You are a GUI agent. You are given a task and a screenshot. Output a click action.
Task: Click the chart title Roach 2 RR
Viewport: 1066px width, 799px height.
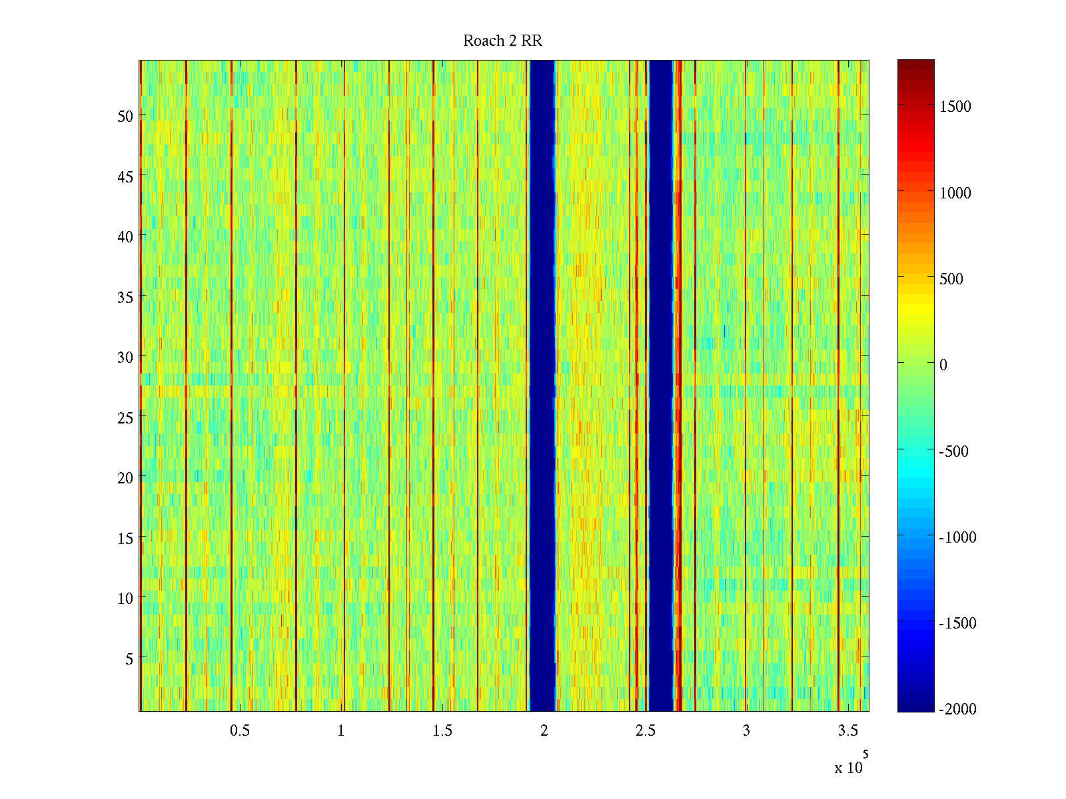point(502,41)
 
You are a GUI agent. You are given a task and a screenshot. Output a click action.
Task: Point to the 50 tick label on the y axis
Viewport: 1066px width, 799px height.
point(125,116)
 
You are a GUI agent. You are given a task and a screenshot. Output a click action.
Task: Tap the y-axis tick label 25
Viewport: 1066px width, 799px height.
point(125,417)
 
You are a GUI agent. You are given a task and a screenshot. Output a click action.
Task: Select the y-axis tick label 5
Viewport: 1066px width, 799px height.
point(129,659)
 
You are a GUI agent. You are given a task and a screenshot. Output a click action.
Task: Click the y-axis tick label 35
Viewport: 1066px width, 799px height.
point(125,297)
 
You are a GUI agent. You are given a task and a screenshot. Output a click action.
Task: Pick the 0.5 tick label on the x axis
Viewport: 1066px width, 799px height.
point(240,731)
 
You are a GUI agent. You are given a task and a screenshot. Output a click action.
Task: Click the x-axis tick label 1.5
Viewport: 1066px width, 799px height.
point(442,731)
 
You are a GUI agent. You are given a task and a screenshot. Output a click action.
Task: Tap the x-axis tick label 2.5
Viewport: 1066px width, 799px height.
point(645,731)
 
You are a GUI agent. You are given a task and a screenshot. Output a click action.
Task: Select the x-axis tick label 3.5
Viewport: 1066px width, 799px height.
point(847,731)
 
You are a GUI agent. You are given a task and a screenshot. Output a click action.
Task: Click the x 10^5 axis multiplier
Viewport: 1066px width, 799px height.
point(851,766)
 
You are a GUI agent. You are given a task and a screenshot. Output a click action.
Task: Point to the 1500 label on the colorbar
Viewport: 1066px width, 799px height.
point(955,107)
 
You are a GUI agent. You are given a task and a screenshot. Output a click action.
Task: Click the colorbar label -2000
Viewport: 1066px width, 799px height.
point(957,709)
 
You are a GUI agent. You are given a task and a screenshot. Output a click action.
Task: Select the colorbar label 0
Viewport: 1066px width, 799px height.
point(943,365)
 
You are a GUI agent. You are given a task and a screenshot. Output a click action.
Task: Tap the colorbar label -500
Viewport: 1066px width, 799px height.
point(953,451)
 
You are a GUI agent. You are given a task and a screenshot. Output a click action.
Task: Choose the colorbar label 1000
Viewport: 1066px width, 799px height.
point(955,193)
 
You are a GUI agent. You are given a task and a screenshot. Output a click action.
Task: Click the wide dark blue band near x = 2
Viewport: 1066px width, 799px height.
point(542,386)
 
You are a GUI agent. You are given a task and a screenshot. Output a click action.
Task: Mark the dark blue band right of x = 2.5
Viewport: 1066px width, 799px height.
point(661,386)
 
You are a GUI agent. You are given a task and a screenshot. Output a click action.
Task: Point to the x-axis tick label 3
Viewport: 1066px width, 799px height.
point(746,731)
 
